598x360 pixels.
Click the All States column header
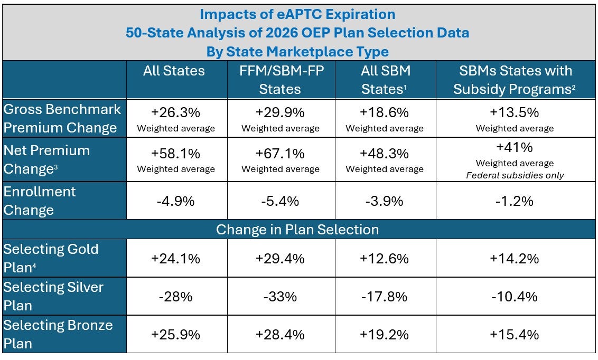[x=174, y=71]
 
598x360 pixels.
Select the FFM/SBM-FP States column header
[x=281, y=80]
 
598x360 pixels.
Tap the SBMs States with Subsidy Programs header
[x=515, y=80]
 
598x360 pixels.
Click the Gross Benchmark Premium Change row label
[x=62, y=118]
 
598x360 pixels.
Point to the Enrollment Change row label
[x=40, y=201]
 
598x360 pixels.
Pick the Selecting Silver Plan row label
[x=53, y=296]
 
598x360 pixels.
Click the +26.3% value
[x=176, y=112]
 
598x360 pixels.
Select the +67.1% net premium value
[x=281, y=154]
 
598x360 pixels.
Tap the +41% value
[x=515, y=147]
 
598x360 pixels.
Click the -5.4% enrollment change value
[x=281, y=201]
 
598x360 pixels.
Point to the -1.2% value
[x=515, y=201]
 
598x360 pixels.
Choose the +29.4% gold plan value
[x=281, y=259]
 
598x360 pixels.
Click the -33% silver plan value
[x=281, y=297]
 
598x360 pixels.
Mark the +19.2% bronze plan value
[x=385, y=335]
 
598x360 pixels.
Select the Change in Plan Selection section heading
[x=297, y=230]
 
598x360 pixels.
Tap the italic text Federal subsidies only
[x=515, y=175]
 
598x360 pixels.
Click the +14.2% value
[x=515, y=259]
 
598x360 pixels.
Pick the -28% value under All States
[x=176, y=297]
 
